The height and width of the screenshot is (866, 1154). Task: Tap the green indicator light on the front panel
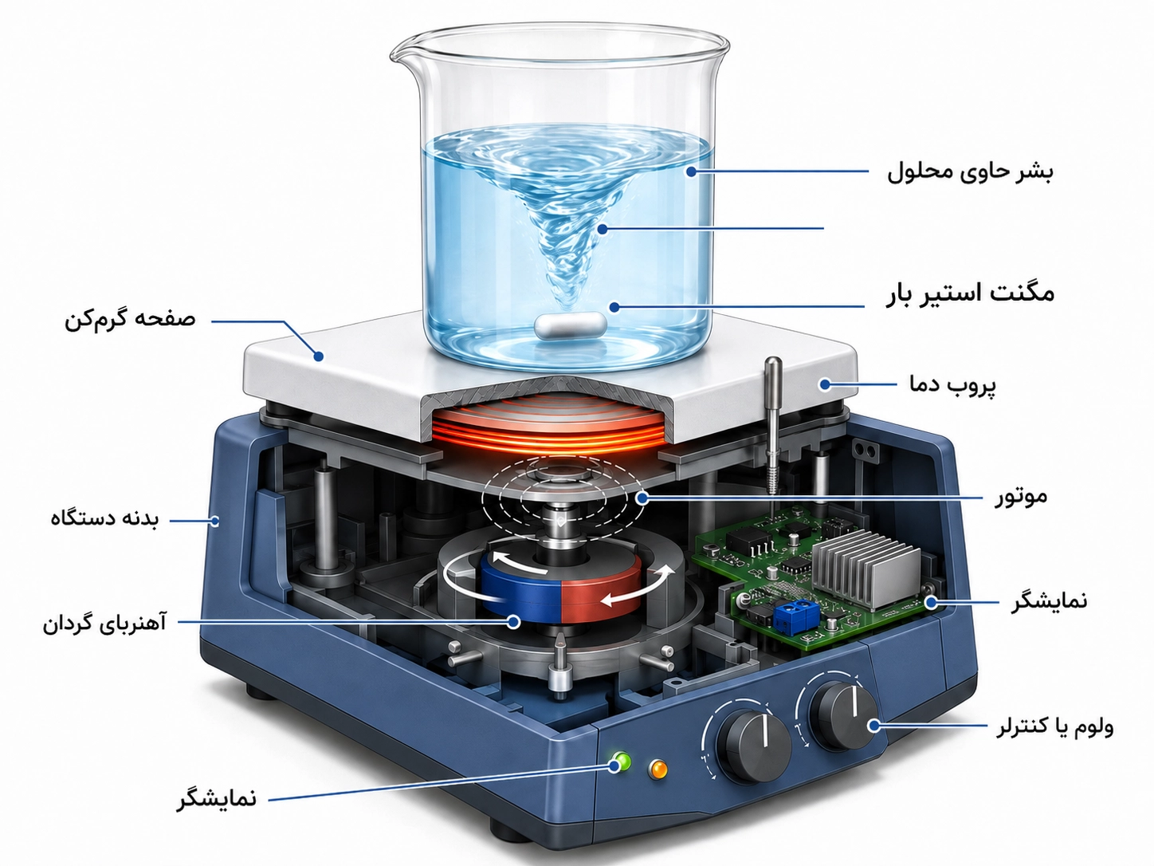621,761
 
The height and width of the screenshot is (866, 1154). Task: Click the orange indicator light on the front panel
658,770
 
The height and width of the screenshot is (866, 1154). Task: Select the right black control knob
842,714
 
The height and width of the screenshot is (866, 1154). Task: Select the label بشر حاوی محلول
971,172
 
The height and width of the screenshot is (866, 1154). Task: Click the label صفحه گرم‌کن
130,319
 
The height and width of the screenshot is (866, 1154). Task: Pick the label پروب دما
952,384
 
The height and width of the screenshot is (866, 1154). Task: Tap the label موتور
1021,496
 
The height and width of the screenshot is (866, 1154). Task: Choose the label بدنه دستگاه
104,518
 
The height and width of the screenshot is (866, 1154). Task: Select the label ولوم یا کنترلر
1054,726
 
